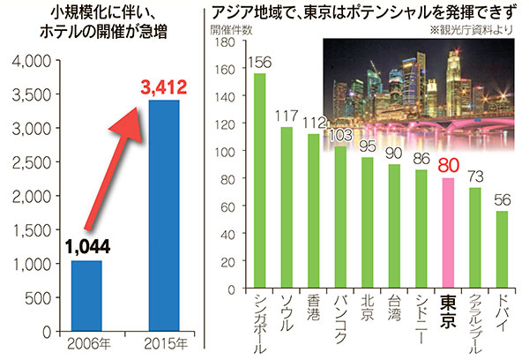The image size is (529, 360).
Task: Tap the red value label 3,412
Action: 160,86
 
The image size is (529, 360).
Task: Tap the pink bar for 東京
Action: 449,233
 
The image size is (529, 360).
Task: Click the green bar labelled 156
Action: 260,180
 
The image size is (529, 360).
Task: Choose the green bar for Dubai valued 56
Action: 503,250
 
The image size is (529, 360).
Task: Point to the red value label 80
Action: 449,165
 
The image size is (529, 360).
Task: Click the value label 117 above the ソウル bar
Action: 287,116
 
